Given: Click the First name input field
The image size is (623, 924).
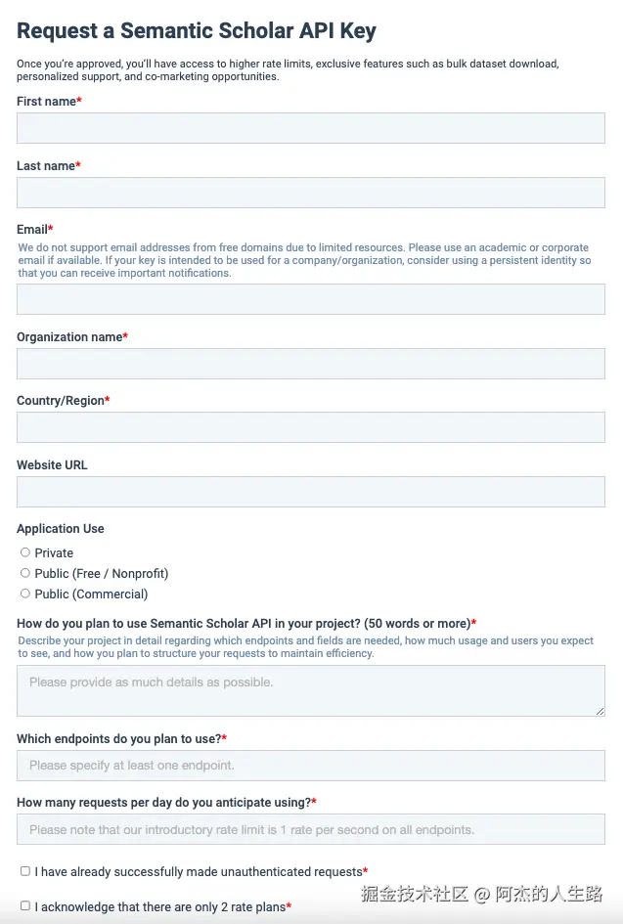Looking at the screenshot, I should click(x=311, y=128).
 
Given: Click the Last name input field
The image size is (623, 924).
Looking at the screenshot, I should click(x=311, y=193).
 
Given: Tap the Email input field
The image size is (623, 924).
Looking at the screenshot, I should click(x=311, y=299).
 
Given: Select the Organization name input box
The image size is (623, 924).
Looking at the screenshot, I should click(x=311, y=364).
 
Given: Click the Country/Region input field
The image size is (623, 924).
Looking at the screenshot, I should click(x=311, y=427).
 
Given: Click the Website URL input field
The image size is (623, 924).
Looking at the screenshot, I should click(x=311, y=492).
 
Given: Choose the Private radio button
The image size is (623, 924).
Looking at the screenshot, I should click(x=25, y=552).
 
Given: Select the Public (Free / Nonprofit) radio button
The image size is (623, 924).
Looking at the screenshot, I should click(x=25, y=573).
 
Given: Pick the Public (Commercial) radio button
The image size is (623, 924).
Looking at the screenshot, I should click(x=25, y=594).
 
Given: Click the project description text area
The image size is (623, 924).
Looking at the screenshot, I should click(x=311, y=690).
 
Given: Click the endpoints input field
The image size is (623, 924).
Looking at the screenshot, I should click(x=311, y=766).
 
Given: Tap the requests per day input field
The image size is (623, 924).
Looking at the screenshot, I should click(x=311, y=829).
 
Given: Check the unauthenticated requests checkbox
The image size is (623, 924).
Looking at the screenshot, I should click(x=25, y=870).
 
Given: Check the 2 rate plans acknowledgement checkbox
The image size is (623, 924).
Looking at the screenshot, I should click(x=25, y=905).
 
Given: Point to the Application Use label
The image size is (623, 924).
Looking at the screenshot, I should click(x=61, y=529).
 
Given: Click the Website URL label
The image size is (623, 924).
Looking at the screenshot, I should click(x=52, y=465).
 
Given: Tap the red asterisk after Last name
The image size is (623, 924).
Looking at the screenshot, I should click(x=78, y=165).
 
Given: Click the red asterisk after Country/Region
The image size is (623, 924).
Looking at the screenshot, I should click(x=108, y=400).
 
